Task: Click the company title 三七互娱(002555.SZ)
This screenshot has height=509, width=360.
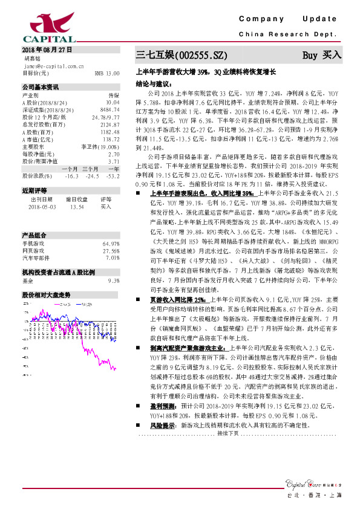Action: point(182,56)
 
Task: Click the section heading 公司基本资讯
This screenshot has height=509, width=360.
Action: point(41,87)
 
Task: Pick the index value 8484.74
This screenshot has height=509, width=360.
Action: point(110,109)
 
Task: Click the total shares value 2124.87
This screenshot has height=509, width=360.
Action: point(110,123)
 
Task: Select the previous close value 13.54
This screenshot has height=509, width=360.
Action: point(77,206)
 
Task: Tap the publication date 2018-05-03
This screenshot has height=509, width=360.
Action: point(42,206)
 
